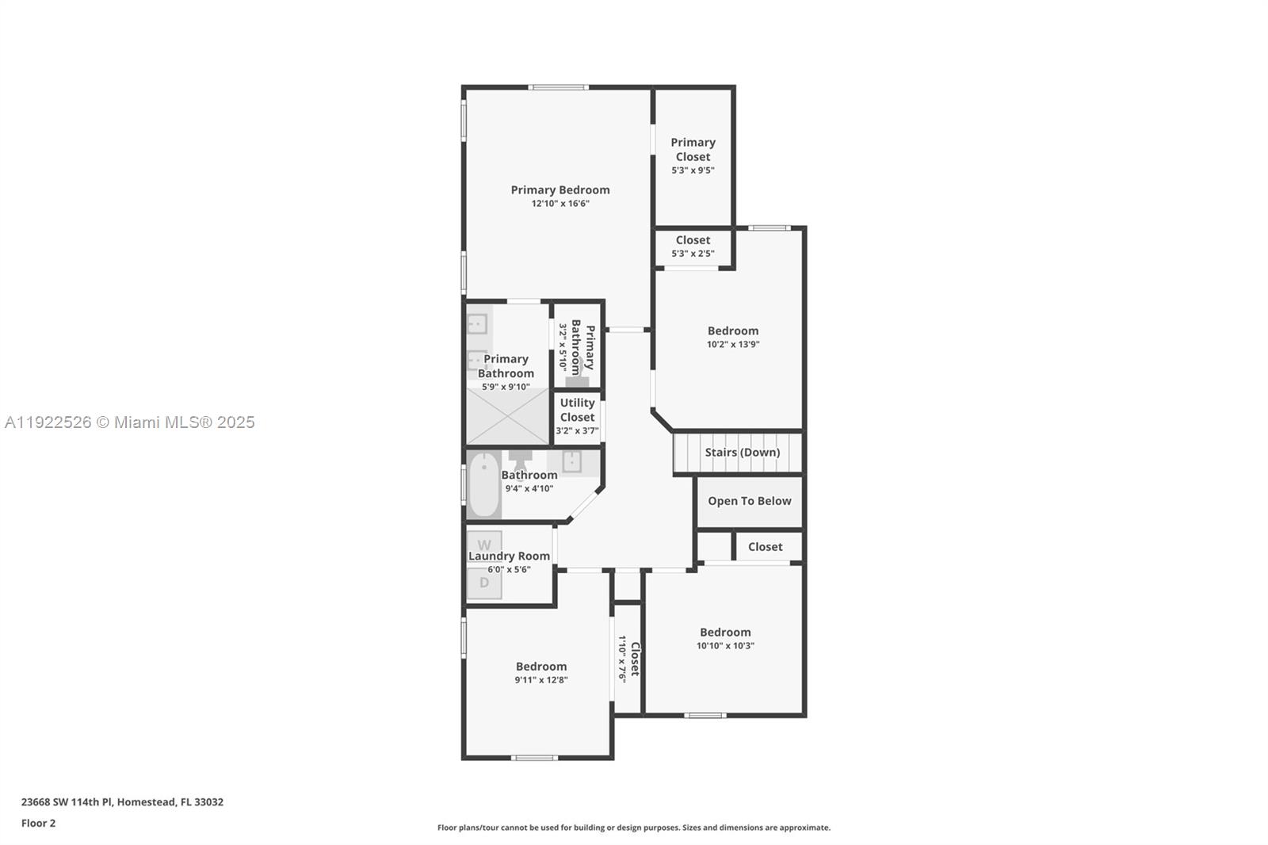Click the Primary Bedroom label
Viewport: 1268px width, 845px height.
(x=560, y=189)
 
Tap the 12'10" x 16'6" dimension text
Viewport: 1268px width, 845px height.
(x=560, y=204)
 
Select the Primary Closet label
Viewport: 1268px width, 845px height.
(x=693, y=149)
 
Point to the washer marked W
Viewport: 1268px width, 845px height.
(x=484, y=545)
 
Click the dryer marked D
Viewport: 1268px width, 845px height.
(x=484, y=583)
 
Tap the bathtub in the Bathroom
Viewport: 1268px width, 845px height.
(x=483, y=484)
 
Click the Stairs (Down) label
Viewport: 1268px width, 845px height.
(x=742, y=453)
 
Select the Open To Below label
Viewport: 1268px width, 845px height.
(x=749, y=501)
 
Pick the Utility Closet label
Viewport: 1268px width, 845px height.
(x=577, y=410)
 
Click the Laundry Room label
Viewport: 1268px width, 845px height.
(x=509, y=556)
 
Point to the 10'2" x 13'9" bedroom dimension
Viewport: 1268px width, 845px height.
(x=733, y=345)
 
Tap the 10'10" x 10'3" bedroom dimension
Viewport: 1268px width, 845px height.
(x=725, y=646)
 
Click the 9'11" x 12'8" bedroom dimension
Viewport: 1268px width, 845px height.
(x=541, y=680)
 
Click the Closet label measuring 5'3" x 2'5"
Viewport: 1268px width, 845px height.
(x=693, y=240)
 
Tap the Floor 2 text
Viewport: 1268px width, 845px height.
(x=38, y=823)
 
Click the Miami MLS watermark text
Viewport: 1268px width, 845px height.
(x=129, y=422)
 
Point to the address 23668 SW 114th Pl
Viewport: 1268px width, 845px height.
(x=122, y=801)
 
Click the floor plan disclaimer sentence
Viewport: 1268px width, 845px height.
(x=634, y=828)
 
